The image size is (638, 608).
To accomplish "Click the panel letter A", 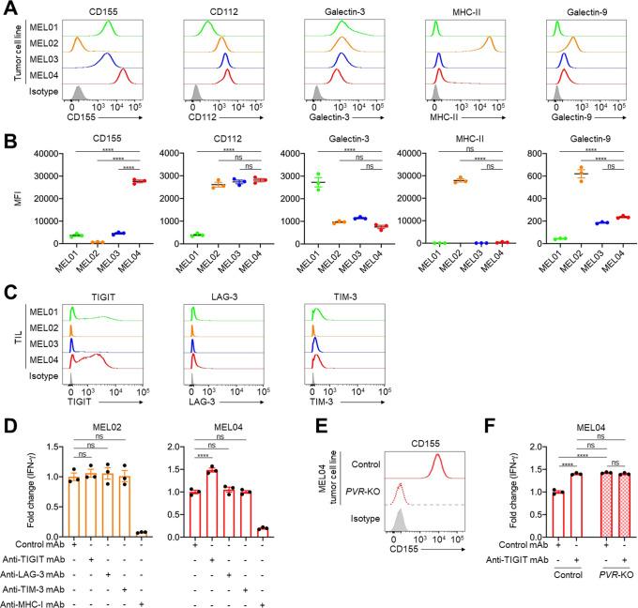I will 8,8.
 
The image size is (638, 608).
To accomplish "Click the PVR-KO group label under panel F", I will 601,577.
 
